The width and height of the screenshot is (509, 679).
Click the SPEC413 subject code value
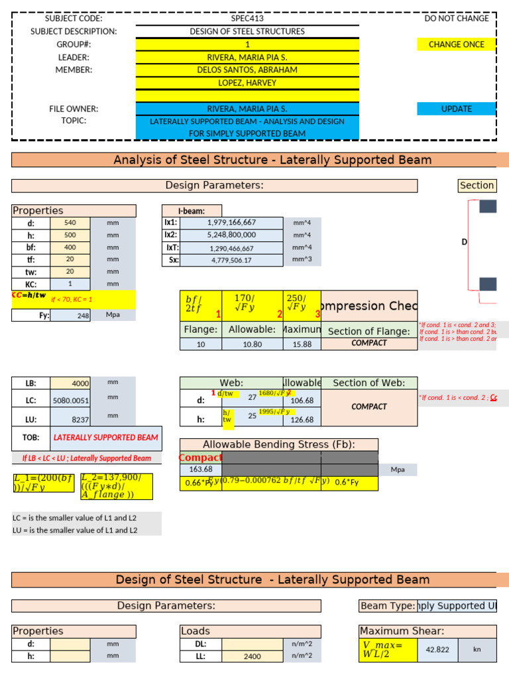pos(247,19)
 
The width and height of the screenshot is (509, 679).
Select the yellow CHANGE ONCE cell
pos(456,44)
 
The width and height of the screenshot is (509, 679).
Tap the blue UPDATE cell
pos(456,109)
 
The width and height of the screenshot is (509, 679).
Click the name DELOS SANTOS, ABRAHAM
pos(247,70)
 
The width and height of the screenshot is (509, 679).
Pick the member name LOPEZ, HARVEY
pos(247,83)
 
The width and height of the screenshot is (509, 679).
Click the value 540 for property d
pos(70,223)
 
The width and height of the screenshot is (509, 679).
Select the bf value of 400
pos(70,247)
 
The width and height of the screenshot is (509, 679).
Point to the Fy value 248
pos(70,316)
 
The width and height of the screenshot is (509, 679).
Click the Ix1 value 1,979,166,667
pos(231,223)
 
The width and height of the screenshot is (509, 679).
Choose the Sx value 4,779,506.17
pos(231,260)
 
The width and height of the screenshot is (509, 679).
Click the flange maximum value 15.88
pos(302,345)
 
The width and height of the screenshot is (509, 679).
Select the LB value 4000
pos(70,383)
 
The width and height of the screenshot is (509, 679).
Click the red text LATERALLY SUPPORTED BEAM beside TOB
pos(105,438)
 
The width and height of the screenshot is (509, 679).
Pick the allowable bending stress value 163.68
pos(200,469)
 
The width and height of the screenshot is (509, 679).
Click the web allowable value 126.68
pos(302,420)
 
